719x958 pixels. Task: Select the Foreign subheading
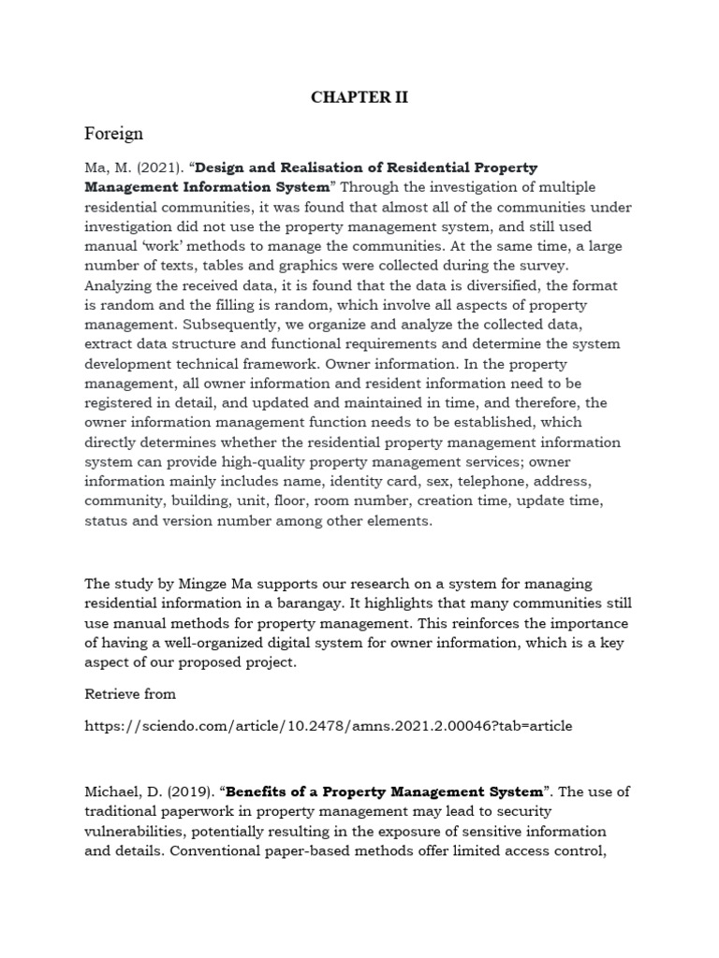coord(113,133)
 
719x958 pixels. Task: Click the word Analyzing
coord(118,286)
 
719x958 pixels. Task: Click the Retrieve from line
coord(130,693)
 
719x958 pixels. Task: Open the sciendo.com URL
coord(328,725)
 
